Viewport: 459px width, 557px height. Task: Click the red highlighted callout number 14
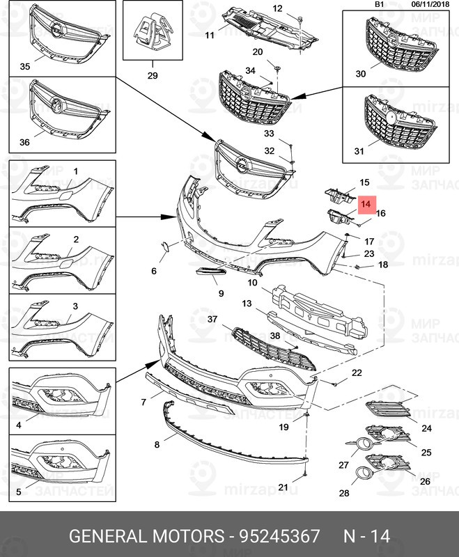366,203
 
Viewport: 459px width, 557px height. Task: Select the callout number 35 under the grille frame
24,68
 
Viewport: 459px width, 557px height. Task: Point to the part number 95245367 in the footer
279,536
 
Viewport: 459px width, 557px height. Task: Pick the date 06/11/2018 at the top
430,4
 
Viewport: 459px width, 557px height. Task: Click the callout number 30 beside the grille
361,74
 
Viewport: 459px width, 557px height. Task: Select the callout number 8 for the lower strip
156,444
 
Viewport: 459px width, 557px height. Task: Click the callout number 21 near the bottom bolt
283,487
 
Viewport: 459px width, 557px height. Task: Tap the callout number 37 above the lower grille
212,318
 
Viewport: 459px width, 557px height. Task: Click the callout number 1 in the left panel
76,171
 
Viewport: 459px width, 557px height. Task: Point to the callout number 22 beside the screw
357,373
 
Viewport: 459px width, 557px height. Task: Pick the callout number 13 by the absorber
247,304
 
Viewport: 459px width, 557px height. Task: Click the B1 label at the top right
380,4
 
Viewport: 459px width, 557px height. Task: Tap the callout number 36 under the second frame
24,142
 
